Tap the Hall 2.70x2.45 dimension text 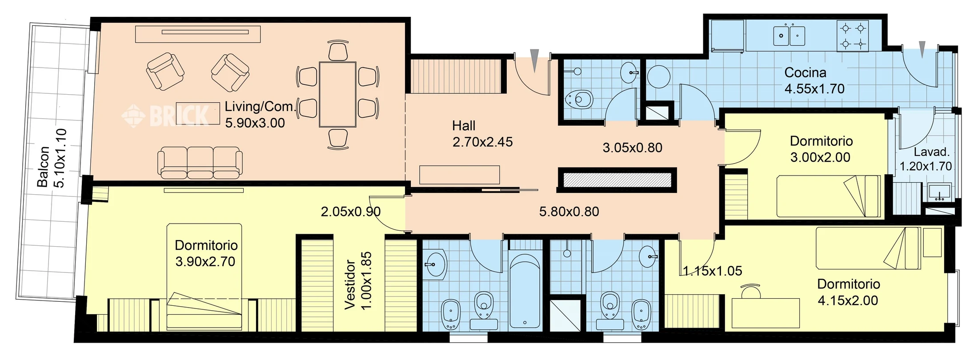click(482, 142)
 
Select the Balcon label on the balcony click(43, 167)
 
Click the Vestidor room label click(350, 285)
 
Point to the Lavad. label click(931, 152)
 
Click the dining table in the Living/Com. click(337, 95)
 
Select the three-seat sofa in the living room click(200, 162)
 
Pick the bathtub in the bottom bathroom click(525, 291)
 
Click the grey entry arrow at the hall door click(534, 60)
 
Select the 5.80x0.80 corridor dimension click(569, 212)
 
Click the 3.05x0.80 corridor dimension click(632, 148)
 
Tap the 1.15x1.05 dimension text click(712, 271)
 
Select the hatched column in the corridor click(617, 180)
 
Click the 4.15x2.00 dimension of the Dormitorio click(848, 300)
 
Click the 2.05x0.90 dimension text click(350, 212)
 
